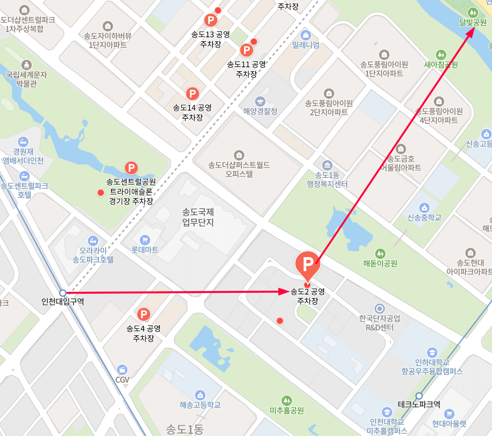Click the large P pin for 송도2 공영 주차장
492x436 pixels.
tap(307, 263)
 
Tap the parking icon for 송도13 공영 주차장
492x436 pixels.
tap(211, 20)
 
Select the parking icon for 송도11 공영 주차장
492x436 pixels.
tap(246, 50)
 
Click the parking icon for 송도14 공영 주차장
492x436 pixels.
tap(192, 93)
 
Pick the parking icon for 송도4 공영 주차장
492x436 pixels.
tap(143, 314)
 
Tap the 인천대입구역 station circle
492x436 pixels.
tap(63, 293)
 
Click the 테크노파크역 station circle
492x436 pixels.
tap(419, 396)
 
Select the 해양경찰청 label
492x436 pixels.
tap(260, 111)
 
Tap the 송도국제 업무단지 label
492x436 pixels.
tap(198, 217)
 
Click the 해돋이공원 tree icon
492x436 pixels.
tap(380, 253)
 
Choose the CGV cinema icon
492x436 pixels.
tap(123, 369)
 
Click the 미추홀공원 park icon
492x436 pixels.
tap(287, 400)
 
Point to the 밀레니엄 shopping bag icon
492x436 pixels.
tap(306, 35)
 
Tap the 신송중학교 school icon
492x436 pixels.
tap(424, 207)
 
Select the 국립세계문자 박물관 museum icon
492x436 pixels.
tap(26, 65)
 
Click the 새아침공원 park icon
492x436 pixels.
tap(441, 55)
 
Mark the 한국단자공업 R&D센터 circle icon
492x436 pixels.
tap(380, 308)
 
